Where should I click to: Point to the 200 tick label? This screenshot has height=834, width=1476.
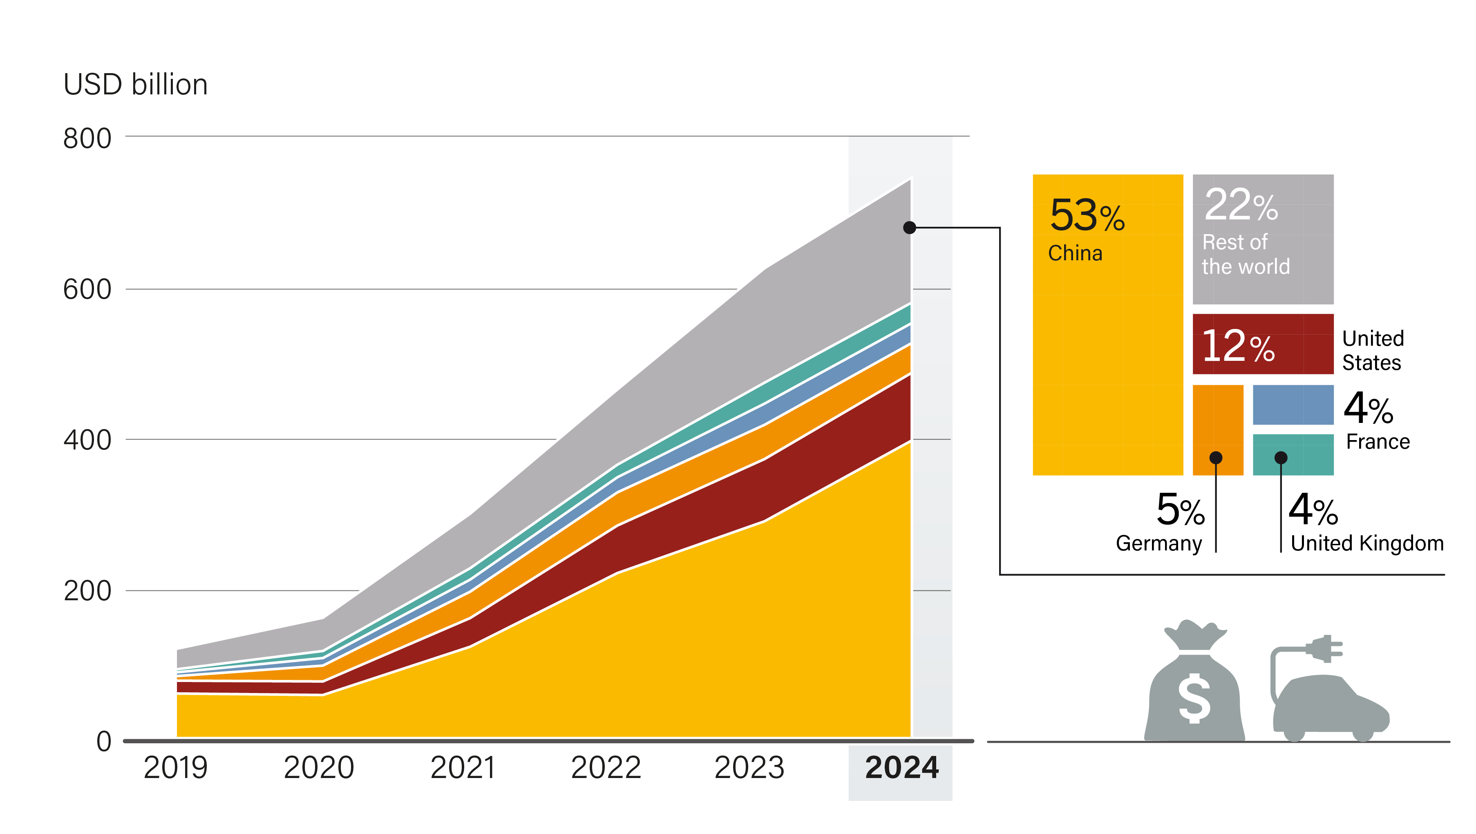coord(87,591)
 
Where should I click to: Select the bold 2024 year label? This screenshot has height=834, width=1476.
coord(901,767)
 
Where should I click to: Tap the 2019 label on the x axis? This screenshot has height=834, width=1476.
coord(175,767)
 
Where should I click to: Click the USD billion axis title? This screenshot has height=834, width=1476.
coord(135,85)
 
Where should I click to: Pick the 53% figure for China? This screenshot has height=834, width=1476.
coord(1087,216)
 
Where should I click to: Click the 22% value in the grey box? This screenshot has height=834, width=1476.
coord(1241,205)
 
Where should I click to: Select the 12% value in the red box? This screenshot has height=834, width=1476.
coord(1238,346)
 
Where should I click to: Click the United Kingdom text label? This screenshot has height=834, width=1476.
coord(1367,543)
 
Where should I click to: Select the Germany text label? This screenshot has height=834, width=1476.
coord(1158,543)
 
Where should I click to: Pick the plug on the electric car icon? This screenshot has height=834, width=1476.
coord(1325,649)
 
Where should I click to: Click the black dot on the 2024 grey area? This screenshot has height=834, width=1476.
coord(909,228)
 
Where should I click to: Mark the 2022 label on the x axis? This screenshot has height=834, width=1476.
coord(606,767)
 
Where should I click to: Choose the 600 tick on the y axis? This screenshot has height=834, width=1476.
coord(87,290)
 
